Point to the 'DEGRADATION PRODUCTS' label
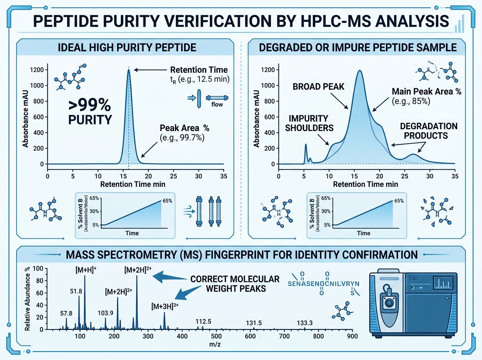click(429, 131)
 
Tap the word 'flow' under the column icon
click(216, 105)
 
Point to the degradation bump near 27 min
click(413, 155)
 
